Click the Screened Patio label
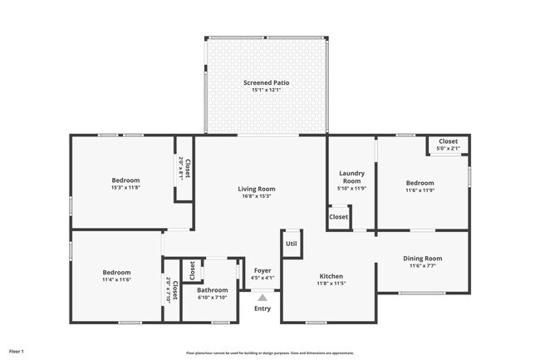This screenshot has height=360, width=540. click(267, 82)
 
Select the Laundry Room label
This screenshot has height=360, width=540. click(351, 177)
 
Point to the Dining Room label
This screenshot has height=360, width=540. click(423, 259)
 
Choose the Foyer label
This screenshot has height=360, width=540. click(263, 270)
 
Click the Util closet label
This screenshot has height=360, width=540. click(292, 244)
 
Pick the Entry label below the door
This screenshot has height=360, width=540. click(263, 309)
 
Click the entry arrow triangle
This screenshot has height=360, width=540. click(263, 296)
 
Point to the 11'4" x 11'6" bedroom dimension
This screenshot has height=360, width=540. click(117, 280)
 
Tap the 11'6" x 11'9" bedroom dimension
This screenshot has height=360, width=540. click(420, 190)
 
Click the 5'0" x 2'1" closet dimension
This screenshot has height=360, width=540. click(449, 149)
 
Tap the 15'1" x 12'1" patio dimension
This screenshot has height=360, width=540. click(267, 91)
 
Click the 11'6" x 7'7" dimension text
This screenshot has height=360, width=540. click(423, 267)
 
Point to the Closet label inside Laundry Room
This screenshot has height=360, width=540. click(339, 217)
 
